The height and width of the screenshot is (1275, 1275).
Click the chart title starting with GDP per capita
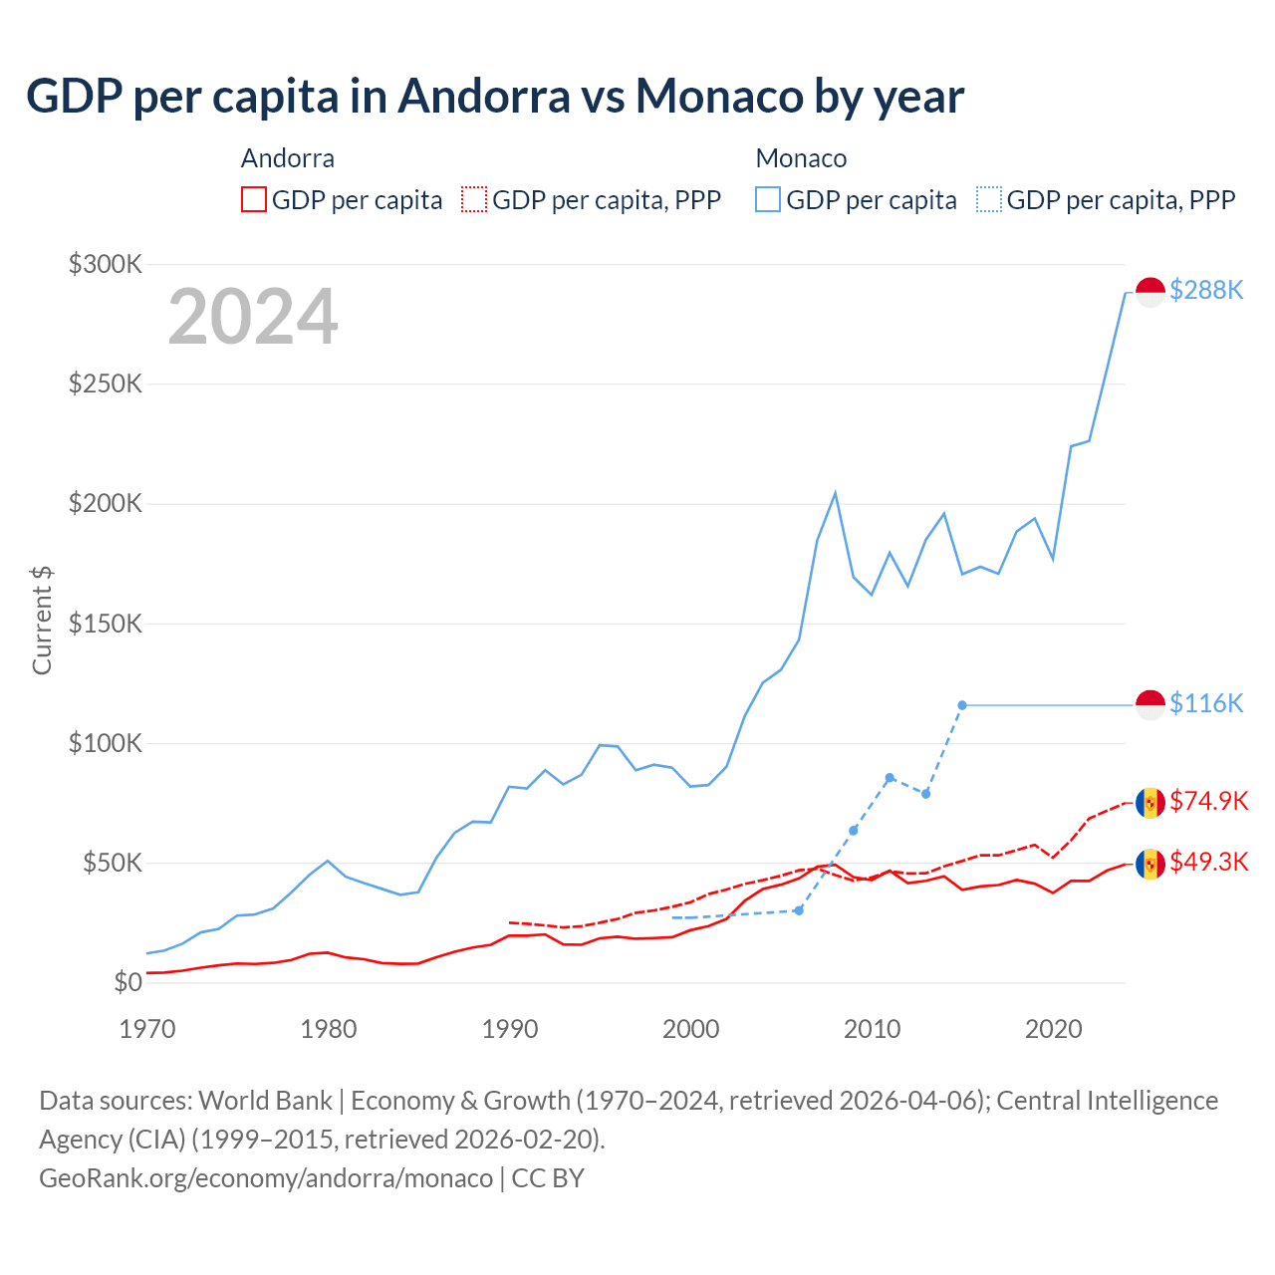click(495, 97)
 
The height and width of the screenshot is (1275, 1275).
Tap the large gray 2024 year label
click(253, 317)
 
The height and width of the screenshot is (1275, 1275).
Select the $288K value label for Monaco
click(1206, 290)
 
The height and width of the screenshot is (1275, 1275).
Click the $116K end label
click(1206, 704)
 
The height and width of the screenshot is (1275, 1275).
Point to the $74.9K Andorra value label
click(1208, 801)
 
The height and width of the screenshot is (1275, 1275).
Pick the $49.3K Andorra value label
click(1208, 862)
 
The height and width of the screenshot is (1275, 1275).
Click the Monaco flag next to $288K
click(1150, 292)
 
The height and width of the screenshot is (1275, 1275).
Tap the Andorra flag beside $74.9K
click(1150, 803)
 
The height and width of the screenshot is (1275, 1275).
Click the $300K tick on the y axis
click(106, 264)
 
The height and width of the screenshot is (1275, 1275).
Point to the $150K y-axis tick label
click(106, 624)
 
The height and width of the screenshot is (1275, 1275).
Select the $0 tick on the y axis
click(127, 982)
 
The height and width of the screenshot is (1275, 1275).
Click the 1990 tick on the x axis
click(510, 1029)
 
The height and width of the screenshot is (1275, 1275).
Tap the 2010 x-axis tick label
click(873, 1029)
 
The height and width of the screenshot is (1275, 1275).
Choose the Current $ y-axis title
click(42, 620)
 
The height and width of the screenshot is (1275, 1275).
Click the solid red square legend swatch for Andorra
click(254, 200)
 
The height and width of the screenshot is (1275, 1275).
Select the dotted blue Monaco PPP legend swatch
click(989, 200)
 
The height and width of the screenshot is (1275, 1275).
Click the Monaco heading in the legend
click(801, 158)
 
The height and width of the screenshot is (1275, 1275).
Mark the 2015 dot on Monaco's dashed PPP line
click(962, 705)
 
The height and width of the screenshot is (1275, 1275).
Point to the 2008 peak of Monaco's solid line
click(835, 493)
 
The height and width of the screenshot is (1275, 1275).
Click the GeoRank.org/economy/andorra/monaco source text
click(266, 1178)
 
